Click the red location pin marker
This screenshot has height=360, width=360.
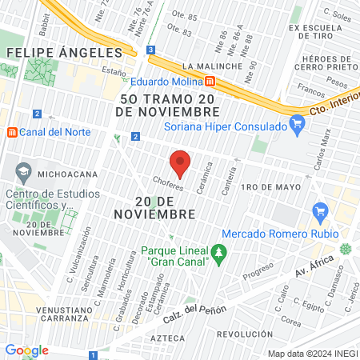coord(181,163)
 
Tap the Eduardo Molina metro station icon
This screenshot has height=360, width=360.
coord(210,81)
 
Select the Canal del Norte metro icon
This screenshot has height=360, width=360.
coord(11,132)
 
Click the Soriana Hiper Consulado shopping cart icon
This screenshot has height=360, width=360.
coord(298,123)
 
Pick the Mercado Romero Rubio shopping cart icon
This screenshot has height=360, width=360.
coord(321,212)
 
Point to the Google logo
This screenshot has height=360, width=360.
coord(27,350)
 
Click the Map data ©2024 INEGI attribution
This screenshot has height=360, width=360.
coord(312,353)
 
